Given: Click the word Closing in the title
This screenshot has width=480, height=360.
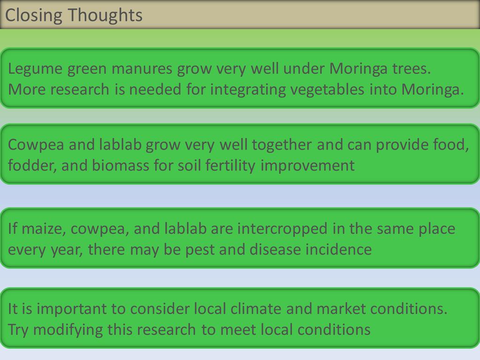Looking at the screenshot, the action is pyautogui.click(x=33, y=15).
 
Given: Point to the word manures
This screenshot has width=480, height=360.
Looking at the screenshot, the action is pyautogui.click(x=142, y=68).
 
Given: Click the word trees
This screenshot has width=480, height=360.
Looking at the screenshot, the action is pyautogui.click(x=412, y=68).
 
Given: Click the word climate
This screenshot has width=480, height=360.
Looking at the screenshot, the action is pyautogui.click(x=256, y=308).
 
